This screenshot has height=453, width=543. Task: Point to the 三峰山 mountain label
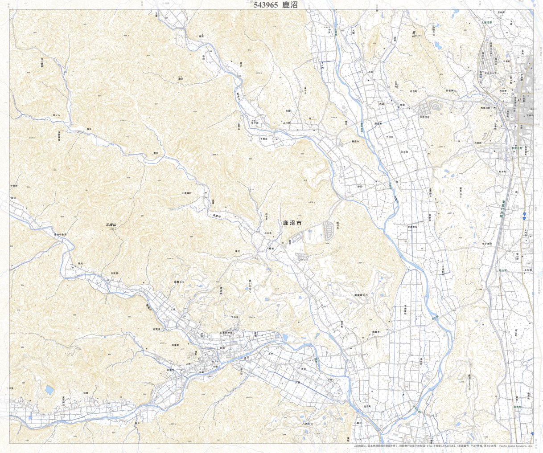111,225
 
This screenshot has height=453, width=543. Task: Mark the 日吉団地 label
424,117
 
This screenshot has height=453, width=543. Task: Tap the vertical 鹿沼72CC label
469,383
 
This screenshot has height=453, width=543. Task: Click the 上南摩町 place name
186,193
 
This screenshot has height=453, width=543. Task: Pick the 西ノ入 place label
56,115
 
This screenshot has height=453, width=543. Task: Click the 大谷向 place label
404,152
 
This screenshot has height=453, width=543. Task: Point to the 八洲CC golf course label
308,423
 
